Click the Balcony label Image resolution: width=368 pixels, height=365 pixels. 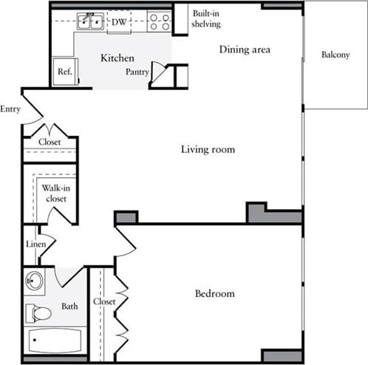pos(335,55)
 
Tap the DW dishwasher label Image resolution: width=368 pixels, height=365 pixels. pos(119,22)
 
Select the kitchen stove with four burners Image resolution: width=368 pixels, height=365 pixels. pos(159,21)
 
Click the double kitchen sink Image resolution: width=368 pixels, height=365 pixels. pos(92,21)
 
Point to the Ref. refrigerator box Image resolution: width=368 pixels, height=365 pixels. pos(64,73)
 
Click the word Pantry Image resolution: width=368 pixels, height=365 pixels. pos(137,72)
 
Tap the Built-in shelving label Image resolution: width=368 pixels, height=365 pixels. pos(206,18)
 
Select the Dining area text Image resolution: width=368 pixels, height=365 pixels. pos(245,50)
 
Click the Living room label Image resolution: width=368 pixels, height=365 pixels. pos(208,149)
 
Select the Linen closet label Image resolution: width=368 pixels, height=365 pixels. pos(35,244)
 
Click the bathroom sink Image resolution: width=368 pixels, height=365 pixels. pos(35,281)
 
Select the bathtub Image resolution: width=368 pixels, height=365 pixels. pos(55,341)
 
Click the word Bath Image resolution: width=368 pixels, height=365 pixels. pos(69,306)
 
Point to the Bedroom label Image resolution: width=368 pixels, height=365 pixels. pos(214,293)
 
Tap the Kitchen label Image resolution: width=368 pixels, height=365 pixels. pos(117,57)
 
